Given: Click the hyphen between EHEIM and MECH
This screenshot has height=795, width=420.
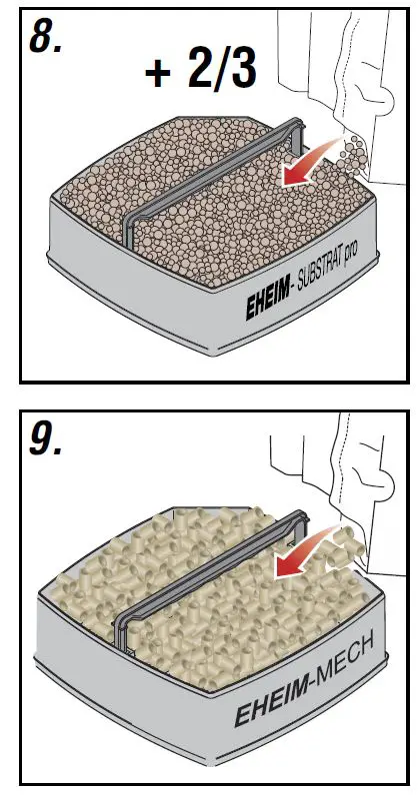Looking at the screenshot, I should pyautogui.click(x=304, y=688).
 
